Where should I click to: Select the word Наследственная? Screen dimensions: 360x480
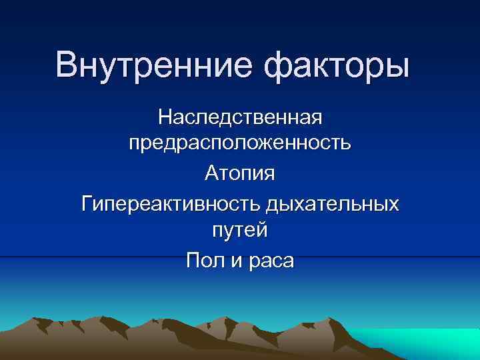click(x=240, y=117)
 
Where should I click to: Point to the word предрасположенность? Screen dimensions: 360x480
click(x=240, y=144)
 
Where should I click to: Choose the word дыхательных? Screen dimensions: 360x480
click(x=333, y=202)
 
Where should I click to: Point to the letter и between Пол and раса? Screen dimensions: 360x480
click(x=236, y=261)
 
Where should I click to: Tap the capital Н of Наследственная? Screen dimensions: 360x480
click(x=164, y=117)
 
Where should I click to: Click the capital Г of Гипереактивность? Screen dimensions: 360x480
click(x=87, y=201)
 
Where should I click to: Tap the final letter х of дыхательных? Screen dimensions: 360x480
click(x=395, y=203)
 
